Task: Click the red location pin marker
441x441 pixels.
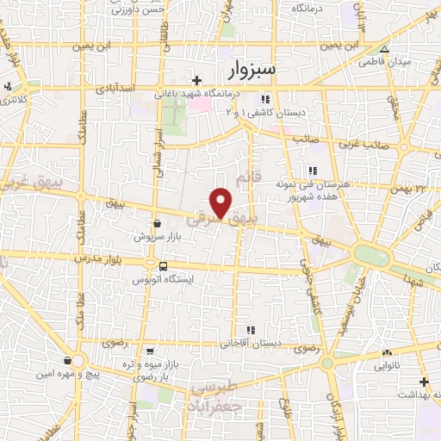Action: [221, 202]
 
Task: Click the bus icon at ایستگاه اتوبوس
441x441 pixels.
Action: [163, 265]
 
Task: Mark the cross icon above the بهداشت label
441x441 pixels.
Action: [423, 382]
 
